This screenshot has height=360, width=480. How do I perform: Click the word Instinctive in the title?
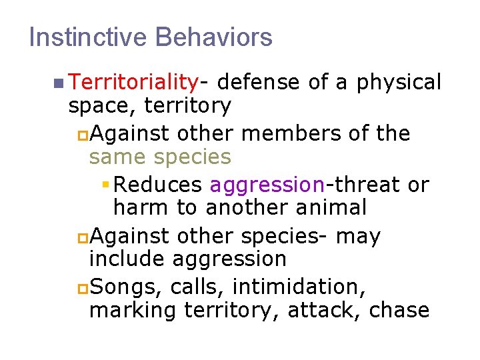point(88,37)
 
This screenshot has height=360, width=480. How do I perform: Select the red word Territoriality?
point(133,82)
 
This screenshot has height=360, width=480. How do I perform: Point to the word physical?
point(399,82)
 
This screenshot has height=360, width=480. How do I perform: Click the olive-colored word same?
point(117,157)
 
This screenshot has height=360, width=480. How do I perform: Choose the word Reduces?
point(161,184)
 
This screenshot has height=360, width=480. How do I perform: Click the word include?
point(127,259)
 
